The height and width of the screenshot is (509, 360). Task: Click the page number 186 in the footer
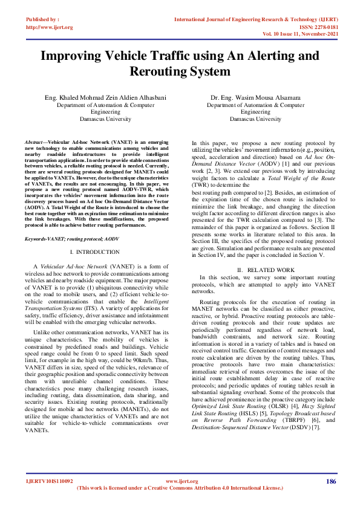tap(330, 481)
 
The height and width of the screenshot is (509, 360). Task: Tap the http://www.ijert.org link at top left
tap(50, 27)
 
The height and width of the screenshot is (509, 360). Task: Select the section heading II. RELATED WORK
tap(257, 269)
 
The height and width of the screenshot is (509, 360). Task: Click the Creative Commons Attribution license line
tap(180, 488)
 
